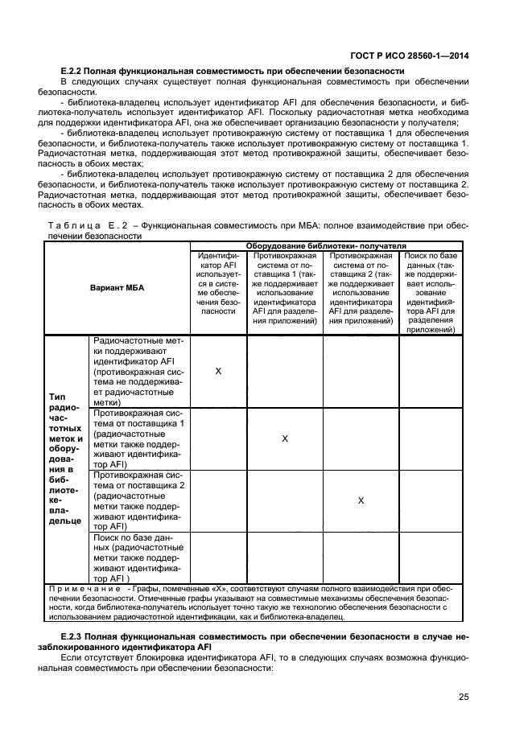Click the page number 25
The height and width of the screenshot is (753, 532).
pos(464,697)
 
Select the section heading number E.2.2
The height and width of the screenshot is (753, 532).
pos(74,71)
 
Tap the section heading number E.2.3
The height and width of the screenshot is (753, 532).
pos(74,636)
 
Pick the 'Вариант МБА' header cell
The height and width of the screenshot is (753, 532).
pos(117,287)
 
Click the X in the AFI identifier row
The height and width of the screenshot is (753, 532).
pos(218,371)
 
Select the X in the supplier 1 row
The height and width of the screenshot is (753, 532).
pos(284,438)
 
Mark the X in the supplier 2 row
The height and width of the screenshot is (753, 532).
pos(361,500)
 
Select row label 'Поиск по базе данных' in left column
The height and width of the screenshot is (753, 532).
pos(138,558)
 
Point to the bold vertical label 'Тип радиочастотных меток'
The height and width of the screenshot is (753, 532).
pos(66,459)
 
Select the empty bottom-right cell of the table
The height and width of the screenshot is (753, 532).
pos(431,558)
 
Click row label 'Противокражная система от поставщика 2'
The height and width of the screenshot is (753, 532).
pos(138,500)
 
